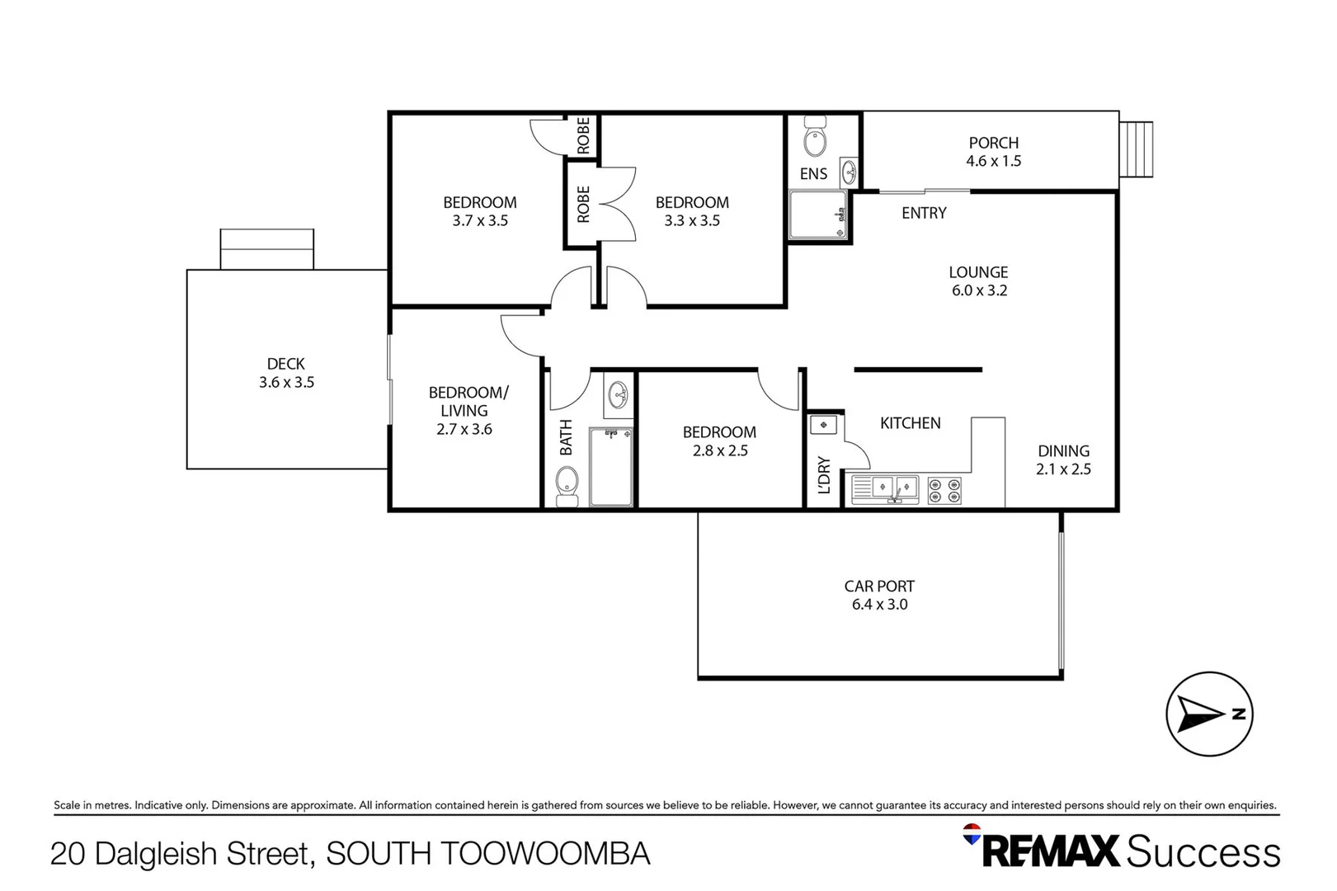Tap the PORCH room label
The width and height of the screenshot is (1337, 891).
click(993, 143)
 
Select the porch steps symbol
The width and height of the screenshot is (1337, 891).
click(1136, 149)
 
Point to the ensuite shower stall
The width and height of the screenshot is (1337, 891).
click(817, 214)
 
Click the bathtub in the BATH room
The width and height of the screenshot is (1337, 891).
click(610, 467)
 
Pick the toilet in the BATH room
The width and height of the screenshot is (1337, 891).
click(567, 485)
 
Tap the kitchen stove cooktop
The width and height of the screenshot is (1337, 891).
click(944, 490)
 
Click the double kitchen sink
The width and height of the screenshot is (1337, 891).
click(885, 489)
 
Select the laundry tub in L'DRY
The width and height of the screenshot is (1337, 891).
click(823, 425)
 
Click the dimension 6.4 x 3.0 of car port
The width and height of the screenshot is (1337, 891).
click(879, 605)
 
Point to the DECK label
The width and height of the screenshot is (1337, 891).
click(285, 364)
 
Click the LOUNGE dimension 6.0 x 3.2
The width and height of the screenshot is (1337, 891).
click(978, 290)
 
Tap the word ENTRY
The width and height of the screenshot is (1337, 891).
click(923, 213)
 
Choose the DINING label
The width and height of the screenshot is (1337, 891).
click(1062, 451)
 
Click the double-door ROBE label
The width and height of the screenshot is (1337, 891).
click(583, 204)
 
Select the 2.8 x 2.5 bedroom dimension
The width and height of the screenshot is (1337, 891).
click(719, 450)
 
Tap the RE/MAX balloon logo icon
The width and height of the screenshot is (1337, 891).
click(972, 834)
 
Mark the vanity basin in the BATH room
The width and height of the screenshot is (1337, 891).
click(617, 397)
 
